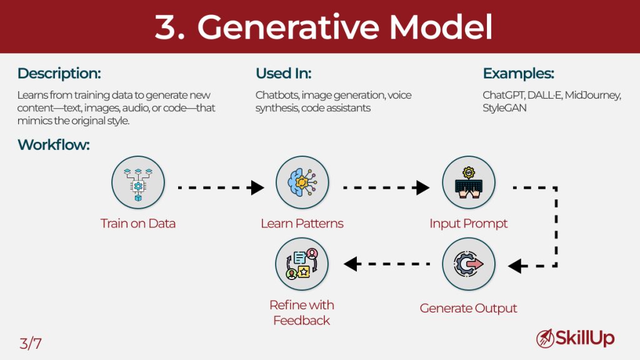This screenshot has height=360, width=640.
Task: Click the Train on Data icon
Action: (x=138, y=182)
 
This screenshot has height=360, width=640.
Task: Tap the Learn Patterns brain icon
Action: (x=302, y=182)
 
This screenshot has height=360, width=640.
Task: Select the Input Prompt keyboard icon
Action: (x=469, y=182)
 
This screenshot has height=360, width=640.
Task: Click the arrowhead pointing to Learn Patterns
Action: (x=257, y=187)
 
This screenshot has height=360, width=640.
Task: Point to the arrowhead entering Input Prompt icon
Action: (x=423, y=187)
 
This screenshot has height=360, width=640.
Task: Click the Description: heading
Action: (x=59, y=74)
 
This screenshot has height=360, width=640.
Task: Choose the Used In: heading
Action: (x=283, y=74)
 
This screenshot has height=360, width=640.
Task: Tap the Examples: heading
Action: (x=518, y=74)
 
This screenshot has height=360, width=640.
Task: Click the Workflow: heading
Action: (x=54, y=145)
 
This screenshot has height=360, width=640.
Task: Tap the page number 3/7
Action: (x=31, y=342)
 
